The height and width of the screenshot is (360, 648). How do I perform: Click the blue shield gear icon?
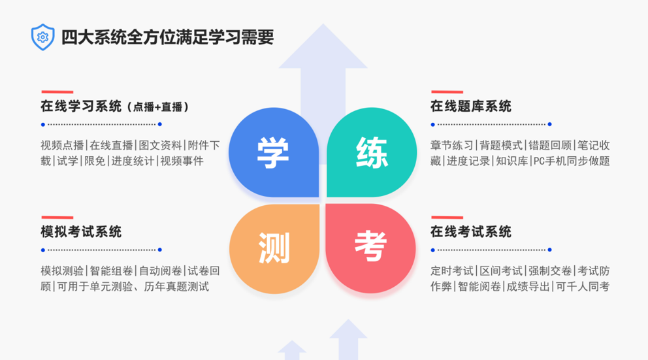point(42,37)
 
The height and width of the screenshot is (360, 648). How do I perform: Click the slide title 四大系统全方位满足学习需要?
point(167,37)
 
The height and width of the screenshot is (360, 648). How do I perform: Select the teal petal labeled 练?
point(372,153)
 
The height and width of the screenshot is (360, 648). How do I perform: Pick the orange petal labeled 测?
point(274,247)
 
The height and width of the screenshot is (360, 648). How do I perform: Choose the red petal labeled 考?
point(370,247)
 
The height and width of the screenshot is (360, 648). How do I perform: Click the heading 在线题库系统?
point(470,106)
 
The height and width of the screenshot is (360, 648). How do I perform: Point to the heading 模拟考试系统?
point(81,232)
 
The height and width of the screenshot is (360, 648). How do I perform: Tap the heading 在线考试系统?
point(470,232)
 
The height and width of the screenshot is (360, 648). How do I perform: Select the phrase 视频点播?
point(62,145)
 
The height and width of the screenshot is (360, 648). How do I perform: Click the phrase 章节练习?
point(452,145)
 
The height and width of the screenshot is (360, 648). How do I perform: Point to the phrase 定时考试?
point(452,270)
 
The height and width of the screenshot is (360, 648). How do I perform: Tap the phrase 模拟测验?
point(62,270)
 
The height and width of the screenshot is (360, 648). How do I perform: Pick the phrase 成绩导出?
point(527,286)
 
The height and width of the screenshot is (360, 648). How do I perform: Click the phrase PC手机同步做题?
point(570,161)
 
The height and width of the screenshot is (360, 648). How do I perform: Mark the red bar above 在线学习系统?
point(57,92)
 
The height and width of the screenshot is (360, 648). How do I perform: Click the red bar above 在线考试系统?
point(447,218)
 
